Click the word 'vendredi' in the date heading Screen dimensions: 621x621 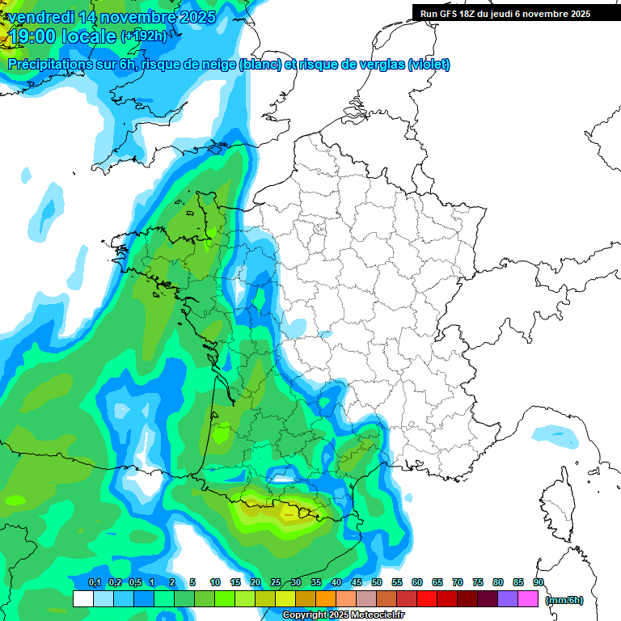41,17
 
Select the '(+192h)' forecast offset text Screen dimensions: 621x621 143,36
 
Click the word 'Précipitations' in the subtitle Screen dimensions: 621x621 49,65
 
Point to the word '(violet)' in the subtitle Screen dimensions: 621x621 429,65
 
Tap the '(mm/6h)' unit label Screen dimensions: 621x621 564,600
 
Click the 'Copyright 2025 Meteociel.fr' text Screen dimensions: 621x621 343,615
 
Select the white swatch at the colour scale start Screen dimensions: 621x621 82,599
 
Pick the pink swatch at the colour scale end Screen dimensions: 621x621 528,599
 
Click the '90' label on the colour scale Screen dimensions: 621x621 538,582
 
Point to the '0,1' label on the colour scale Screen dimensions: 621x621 95,582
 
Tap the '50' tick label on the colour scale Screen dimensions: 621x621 377,582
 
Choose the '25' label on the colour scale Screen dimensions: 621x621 276,582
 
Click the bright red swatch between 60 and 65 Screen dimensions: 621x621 427,599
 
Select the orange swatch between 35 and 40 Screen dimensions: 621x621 326,599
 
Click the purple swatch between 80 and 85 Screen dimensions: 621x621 508,599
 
